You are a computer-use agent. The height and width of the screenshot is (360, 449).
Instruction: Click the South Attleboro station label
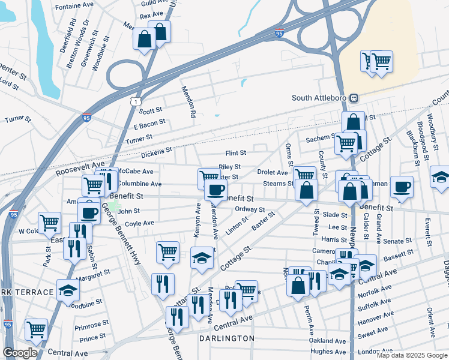[x=320, y=98]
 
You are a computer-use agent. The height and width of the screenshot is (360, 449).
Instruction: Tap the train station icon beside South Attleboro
[x=354, y=98]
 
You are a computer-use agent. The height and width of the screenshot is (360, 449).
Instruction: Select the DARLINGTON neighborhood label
[x=227, y=338]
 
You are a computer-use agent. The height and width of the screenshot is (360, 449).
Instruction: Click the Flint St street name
[x=235, y=154]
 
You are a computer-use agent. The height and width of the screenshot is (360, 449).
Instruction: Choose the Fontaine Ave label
[x=74, y=7]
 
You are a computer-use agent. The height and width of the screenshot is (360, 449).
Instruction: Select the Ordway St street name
[x=250, y=209]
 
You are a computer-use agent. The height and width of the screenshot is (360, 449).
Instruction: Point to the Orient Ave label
[x=430, y=322]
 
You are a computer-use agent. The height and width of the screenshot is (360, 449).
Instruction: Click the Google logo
[x=20, y=353]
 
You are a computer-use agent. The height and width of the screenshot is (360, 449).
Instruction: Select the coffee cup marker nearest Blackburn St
[x=402, y=186]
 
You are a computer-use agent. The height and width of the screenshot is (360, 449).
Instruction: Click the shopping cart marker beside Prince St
[x=37, y=329]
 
